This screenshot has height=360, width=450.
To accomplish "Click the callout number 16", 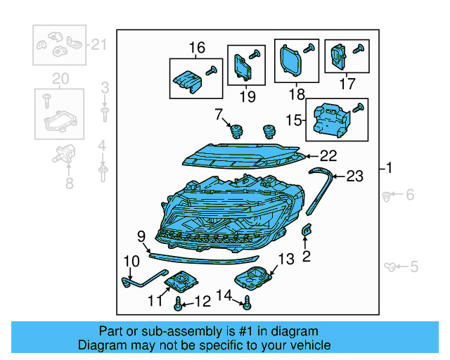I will [x=196, y=48].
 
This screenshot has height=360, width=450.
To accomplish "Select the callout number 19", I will [x=246, y=96].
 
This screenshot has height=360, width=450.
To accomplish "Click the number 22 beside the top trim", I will [x=329, y=156].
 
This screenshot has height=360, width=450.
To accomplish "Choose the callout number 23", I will [x=355, y=176].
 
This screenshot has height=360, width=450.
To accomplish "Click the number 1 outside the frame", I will [x=390, y=168].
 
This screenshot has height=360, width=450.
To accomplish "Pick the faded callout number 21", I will [x=98, y=44].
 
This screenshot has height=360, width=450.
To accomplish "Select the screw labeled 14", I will [x=247, y=303].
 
